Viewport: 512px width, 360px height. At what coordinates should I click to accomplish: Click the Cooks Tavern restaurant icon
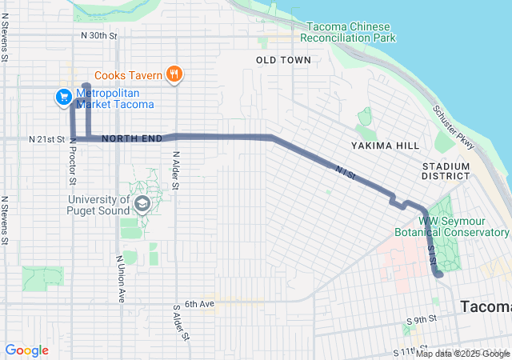tap(175, 76)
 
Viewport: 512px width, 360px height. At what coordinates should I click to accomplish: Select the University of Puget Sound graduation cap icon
tap(142, 205)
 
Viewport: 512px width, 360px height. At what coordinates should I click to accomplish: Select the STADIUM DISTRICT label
tap(446, 170)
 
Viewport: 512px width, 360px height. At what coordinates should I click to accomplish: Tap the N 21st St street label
tap(46, 139)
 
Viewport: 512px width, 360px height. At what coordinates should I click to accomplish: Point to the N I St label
tap(346, 170)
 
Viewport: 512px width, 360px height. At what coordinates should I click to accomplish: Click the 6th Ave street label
tap(200, 304)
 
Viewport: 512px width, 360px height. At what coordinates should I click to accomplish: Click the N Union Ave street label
tap(121, 278)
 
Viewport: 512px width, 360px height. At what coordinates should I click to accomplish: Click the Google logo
tap(26, 350)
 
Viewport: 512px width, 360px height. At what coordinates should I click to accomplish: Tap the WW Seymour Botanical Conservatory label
tap(451, 226)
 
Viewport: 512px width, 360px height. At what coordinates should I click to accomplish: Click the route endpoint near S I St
tap(438, 274)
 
